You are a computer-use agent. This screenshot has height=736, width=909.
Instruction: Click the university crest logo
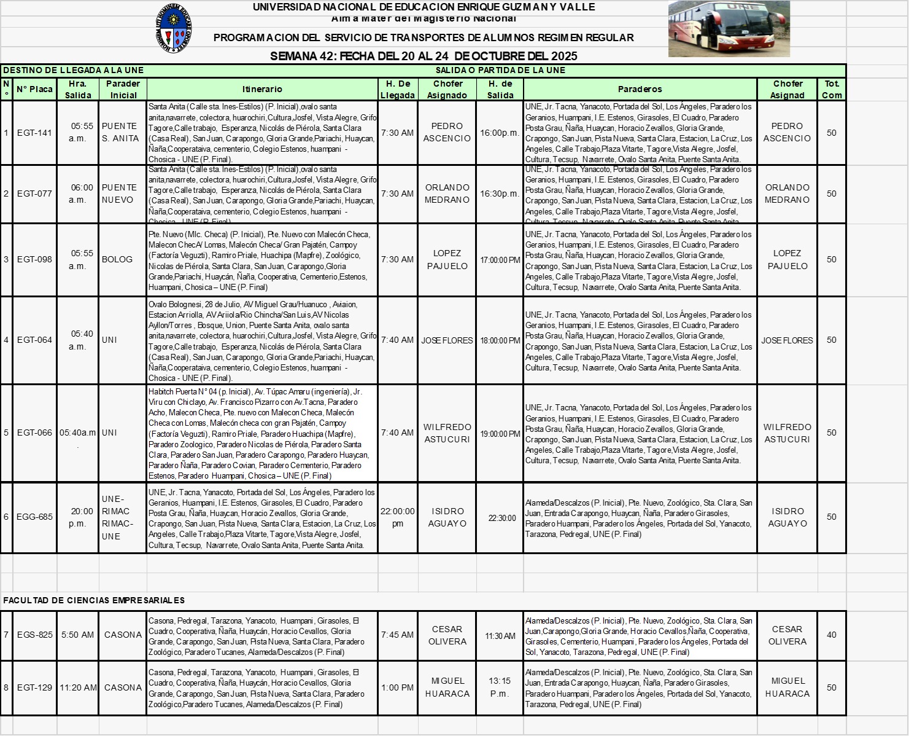pyautogui.click(x=173, y=28)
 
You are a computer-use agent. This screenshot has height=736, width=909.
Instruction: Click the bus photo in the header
pyautogui.click(x=729, y=29)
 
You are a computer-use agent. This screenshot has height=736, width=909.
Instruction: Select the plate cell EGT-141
pyautogui.click(x=34, y=133)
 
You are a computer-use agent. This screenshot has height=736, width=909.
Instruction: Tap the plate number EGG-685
pyautogui.click(x=34, y=517)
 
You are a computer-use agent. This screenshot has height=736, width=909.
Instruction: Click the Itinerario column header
pyautogui.click(x=262, y=89)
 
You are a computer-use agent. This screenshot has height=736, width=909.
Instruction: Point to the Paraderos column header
pyautogui.click(x=640, y=89)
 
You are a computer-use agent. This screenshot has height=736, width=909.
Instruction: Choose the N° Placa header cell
pyautogui.click(x=34, y=89)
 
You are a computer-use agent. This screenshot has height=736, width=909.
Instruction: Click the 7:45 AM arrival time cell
pyautogui.click(x=397, y=635)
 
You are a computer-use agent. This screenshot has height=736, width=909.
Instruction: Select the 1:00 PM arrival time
pyautogui.click(x=397, y=687)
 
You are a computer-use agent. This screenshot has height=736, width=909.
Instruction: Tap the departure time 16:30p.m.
pyautogui.click(x=500, y=194)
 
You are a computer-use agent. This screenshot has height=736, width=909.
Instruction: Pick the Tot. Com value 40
pyautogui.click(x=831, y=635)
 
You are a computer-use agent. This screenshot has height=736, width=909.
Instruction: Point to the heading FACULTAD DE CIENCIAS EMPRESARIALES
pyautogui.click(x=94, y=600)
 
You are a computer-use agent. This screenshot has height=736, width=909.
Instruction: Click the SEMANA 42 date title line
pyautogui.click(x=424, y=56)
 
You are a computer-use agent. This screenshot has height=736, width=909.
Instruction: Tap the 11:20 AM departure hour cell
pyautogui.click(x=78, y=687)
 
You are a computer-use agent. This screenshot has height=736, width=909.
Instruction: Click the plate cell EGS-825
pyautogui.click(x=34, y=635)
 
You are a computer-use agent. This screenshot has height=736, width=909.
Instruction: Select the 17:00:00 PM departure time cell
pyautogui.click(x=500, y=260)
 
